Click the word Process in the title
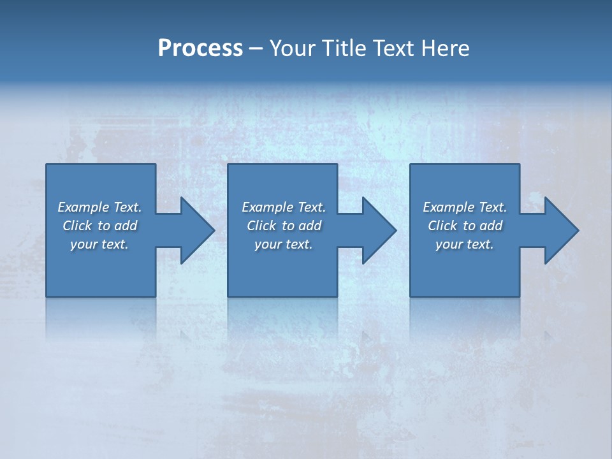coord(200,48)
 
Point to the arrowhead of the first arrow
coord(197,230)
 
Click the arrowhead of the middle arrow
coord(379,230)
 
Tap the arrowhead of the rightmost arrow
coord(561,230)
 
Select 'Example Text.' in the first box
coord(99,207)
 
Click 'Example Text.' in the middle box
coord(284,207)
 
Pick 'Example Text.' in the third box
coord(465,207)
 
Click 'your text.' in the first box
coord(99,244)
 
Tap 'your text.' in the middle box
coord(284,244)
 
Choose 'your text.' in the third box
coord(465,244)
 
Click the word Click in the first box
coord(77,226)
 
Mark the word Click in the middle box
coord(261,226)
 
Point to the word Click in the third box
coord(442,226)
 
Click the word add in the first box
coord(126,226)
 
